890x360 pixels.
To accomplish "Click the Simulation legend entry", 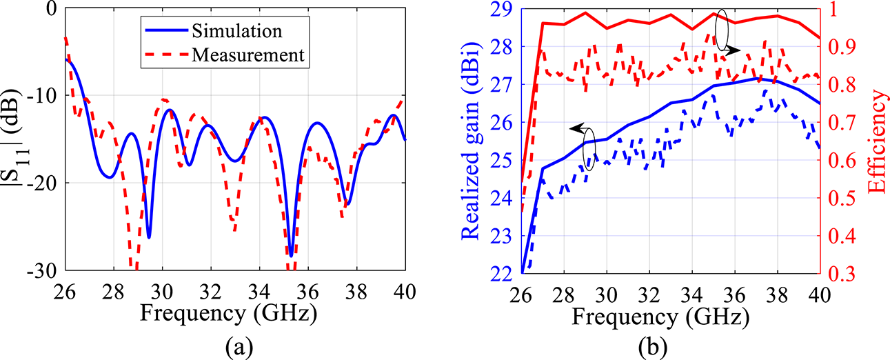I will coord(237,31).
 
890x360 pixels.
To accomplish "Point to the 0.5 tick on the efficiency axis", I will coord(838,199).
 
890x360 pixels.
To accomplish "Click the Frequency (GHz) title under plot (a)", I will coord(229,314).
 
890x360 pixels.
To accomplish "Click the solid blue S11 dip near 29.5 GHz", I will coord(148,237).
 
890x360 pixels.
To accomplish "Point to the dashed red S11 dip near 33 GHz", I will coord(234,230).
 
